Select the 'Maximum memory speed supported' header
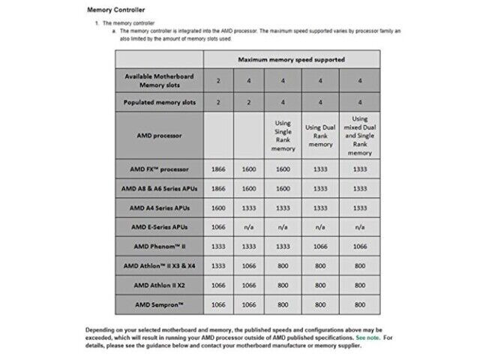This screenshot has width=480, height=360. (x=292, y=58)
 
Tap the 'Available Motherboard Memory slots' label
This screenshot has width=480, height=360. (x=158, y=80)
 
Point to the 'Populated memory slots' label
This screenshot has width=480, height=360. (x=158, y=102)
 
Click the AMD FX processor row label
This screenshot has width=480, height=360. (x=158, y=169)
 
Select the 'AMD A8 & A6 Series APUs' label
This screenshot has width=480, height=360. (x=158, y=188)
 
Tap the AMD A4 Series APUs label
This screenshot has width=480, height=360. (x=158, y=208)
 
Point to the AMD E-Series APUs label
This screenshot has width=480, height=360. (x=158, y=226)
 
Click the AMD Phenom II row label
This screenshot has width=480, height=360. (x=158, y=246)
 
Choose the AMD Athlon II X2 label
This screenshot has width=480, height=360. (x=158, y=285)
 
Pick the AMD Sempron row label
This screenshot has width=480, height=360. (x=158, y=304)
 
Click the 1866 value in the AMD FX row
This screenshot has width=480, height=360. (x=217, y=169)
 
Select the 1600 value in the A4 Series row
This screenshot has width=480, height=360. (x=217, y=208)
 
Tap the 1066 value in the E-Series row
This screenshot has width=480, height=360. (x=217, y=226)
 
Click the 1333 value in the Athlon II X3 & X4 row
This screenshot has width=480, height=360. (x=217, y=265)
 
